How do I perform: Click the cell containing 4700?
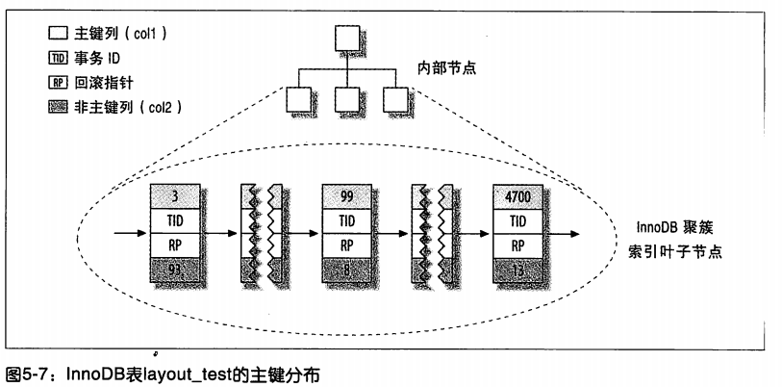tap(517, 196)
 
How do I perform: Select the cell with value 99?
tap(346, 196)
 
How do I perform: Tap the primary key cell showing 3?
tap(175, 196)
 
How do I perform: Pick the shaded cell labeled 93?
tap(175, 271)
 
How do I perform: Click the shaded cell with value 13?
tap(517, 271)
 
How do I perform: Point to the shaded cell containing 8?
tap(346, 271)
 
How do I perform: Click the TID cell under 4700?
tap(517, 221)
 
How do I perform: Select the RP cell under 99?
tap(346, 245)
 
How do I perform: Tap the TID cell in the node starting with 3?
tap(175, 221)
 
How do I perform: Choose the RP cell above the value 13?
tap(517, 245)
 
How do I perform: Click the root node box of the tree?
tap(346, 39)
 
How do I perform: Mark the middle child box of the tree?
tap(346, 99)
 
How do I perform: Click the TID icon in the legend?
tap(58, 59)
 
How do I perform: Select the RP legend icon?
tap(58, 83)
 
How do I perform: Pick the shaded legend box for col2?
tap(58, 108)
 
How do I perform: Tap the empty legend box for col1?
tap(58, 34)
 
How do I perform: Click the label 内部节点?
tap(446, 67)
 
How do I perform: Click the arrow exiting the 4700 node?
tap(561, 234)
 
